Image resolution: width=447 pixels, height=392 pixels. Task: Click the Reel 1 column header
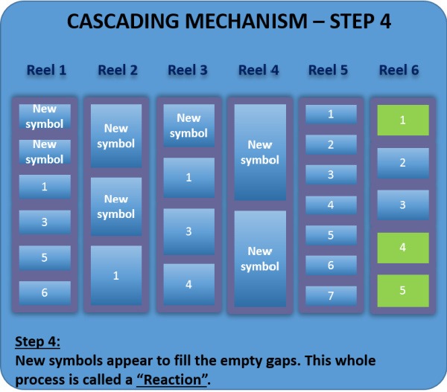46,70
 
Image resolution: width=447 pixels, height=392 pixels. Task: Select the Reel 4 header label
259,70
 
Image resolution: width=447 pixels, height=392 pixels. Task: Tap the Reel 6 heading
399,70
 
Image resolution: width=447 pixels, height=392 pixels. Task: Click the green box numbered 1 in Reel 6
403,121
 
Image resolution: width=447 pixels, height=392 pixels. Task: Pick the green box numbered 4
403,248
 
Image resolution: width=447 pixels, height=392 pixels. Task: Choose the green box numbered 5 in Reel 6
403,291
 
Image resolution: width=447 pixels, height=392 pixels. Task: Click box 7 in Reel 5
331,295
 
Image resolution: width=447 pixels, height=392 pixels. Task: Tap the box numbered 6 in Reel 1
45,293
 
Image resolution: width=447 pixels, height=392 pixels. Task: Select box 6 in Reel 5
331,266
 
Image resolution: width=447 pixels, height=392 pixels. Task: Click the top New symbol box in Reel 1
45,117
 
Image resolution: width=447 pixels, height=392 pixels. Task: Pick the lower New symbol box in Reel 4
260,259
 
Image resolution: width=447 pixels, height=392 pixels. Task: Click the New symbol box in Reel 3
188,126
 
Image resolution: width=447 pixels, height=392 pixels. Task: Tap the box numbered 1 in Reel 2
116,275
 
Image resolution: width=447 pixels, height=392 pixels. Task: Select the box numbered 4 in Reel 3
188,284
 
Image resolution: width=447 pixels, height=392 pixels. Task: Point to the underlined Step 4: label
37,341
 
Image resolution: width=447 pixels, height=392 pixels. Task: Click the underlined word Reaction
173,379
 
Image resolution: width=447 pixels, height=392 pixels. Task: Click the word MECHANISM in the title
246,22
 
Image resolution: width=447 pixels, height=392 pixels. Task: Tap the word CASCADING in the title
123,22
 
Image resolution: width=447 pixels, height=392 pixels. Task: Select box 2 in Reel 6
403,163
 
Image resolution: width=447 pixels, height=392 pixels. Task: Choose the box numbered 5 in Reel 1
45,257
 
